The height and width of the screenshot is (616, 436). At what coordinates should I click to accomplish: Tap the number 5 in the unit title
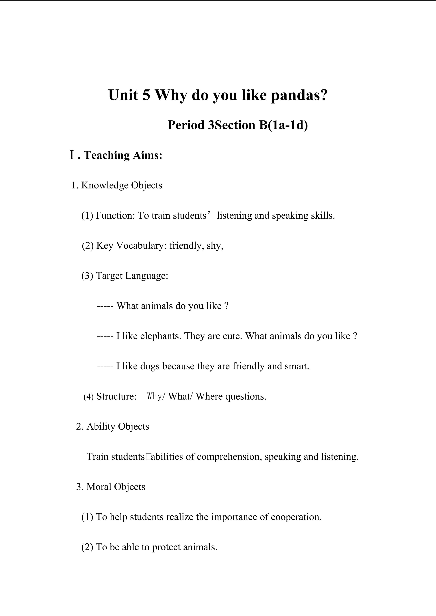point(146,95)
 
